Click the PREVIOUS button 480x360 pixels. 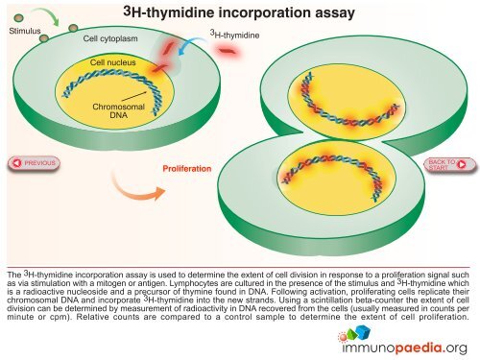tap(33, 162)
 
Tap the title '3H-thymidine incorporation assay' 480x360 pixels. tap(240, 13)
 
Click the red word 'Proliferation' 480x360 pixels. tap(186, 168)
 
